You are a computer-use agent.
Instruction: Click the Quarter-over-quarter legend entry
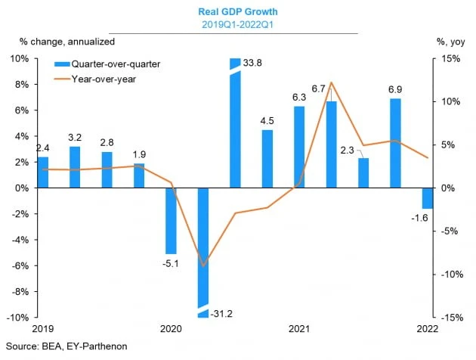111,65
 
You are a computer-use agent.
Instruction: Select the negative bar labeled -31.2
203,250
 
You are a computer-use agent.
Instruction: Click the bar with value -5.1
171,220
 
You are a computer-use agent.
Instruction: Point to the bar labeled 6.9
395,143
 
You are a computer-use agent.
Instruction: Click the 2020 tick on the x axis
171,329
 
